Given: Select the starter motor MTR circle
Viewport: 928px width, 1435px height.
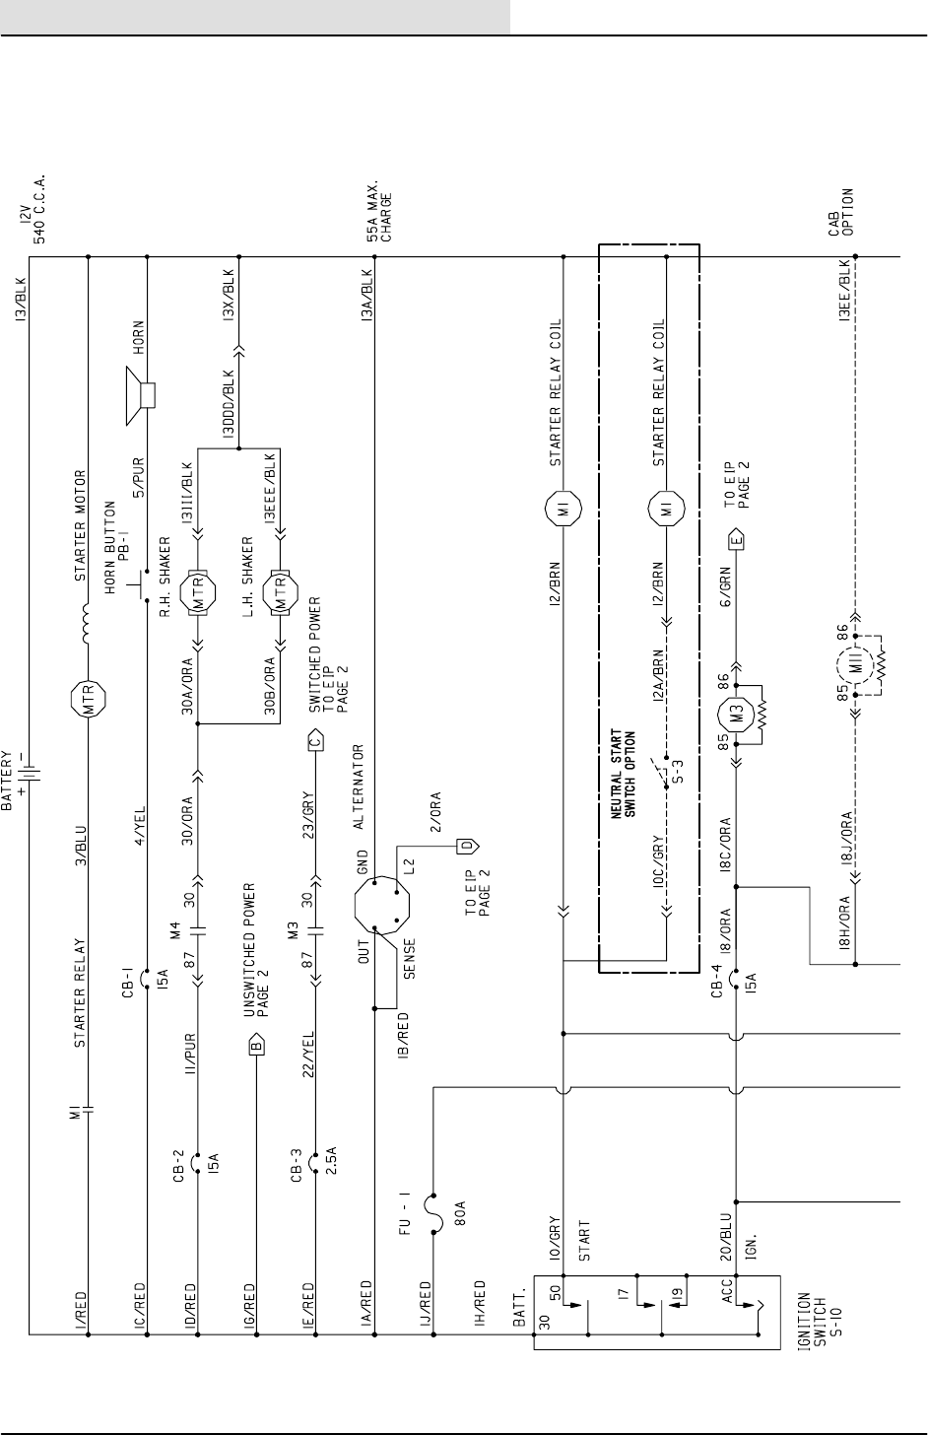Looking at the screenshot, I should coord(89,702).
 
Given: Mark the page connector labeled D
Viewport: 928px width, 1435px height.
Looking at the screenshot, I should coord(469,845).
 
